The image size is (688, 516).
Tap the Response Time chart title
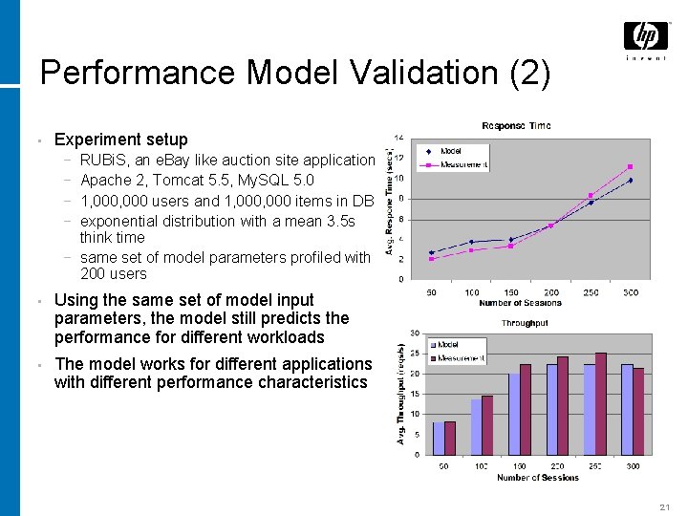[516, 126]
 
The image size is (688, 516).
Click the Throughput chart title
[524, 323]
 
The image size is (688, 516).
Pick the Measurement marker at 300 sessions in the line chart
[630, 167]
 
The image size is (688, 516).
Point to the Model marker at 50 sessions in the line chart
[432, 252]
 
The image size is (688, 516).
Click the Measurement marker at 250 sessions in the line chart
[591, 196]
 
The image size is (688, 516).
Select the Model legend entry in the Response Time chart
[450, 151]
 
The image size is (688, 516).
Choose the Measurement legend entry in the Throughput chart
[460, 358]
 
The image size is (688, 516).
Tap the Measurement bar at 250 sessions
[601, 403]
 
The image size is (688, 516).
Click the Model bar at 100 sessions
[476, 426]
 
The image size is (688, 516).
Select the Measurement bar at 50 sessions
[449, 438]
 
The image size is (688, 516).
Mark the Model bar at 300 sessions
[627, 409]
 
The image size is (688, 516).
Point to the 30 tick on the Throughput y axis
[415, 333]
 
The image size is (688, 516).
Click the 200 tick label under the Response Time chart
[551, 292]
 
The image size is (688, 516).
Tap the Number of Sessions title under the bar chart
[537, 478]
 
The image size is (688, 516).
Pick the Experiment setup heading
[121, 140]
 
